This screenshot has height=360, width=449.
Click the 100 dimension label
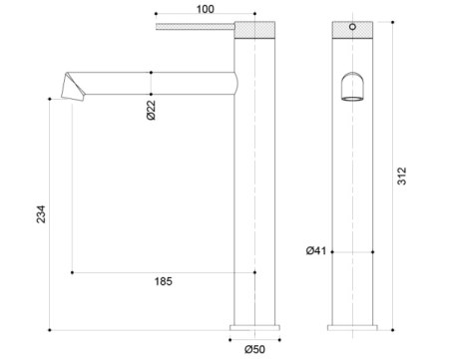(x=205, y=8)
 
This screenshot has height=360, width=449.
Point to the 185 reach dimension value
(x=165, y=282)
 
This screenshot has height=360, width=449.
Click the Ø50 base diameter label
(x=255, y=348)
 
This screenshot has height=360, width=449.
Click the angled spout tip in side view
(x=72, y=88)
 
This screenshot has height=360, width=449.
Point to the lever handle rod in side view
(x=195, y=24)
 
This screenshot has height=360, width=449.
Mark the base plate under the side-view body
(x=255, y=326)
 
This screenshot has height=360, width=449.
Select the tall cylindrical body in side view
(x=255, y=199)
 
